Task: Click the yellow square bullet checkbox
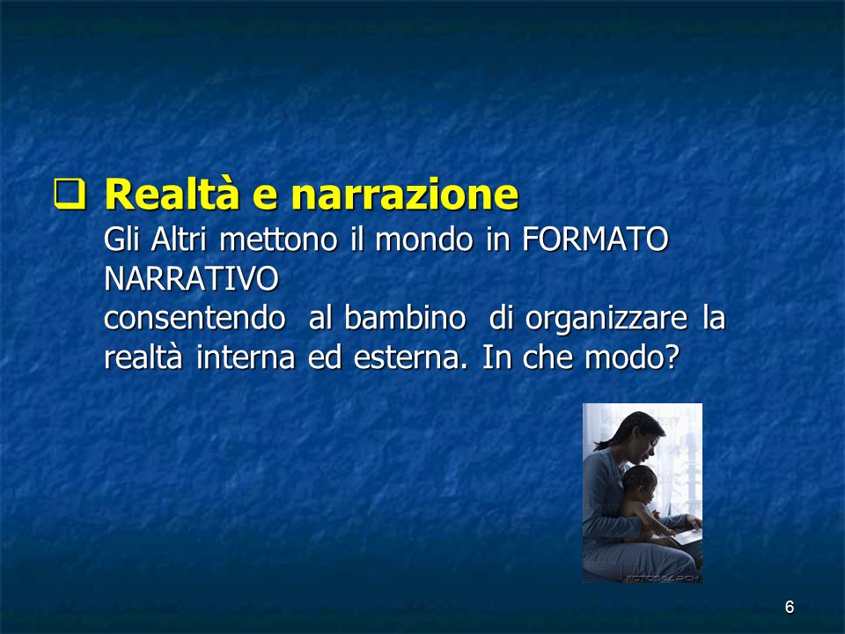70,195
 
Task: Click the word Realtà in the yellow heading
172,194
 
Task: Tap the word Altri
179,239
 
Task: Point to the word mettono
278,240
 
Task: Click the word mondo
424,240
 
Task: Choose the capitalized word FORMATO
595,240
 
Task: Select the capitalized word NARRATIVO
191,279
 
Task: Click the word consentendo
195,318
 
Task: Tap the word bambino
405,318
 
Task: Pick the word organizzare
606,319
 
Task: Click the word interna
246,358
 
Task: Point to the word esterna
410,358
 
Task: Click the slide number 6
790,607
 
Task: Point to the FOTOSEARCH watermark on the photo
662,578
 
